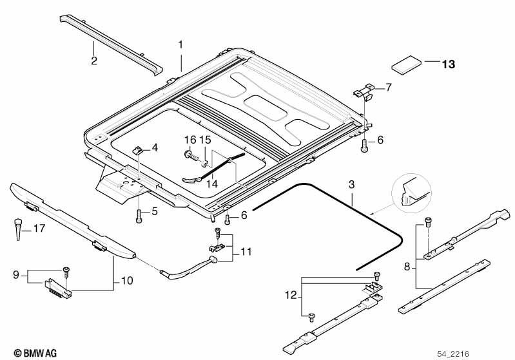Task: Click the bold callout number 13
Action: pos(448,64)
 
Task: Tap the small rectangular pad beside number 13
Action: pos(407,65)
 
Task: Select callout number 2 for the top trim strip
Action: pos(94,61)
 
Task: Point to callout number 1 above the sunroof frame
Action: pos(181,45)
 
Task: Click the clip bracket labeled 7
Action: pos(365,91)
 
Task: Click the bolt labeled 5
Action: pos(139,215)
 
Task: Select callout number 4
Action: pos(155,148)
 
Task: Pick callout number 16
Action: pos(189,140)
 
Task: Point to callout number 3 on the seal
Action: pos(351,185)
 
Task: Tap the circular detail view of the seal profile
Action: pos(410,193)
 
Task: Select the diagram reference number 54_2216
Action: pos(491,353)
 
